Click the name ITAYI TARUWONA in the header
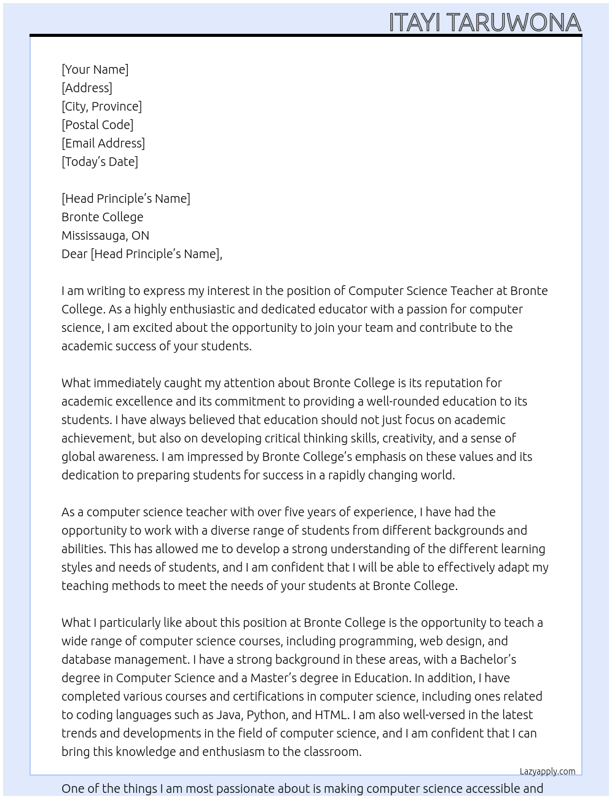pos(485,23)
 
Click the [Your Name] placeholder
pos(95,69)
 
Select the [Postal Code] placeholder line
pos(97,125)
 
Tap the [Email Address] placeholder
pos(103,143)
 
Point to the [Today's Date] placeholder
pos(100,162)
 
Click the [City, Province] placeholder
pos(101,106)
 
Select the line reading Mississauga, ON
pos(105,235)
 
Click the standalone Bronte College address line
pos(102,217)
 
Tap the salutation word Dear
pos(74,254)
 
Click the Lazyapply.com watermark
pos(547,771)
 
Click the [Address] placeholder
pos(87,88)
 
